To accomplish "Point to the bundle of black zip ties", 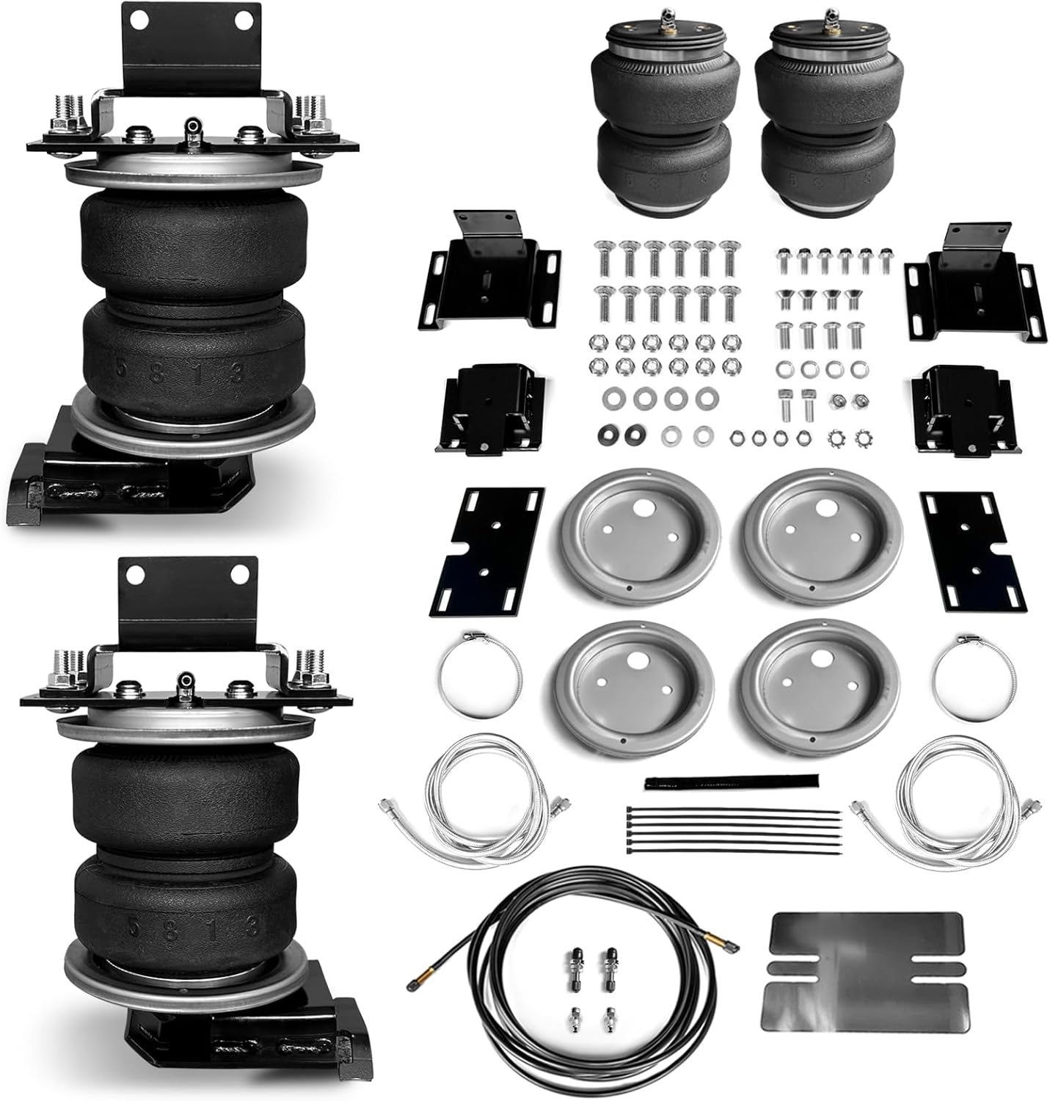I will [734, 829].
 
